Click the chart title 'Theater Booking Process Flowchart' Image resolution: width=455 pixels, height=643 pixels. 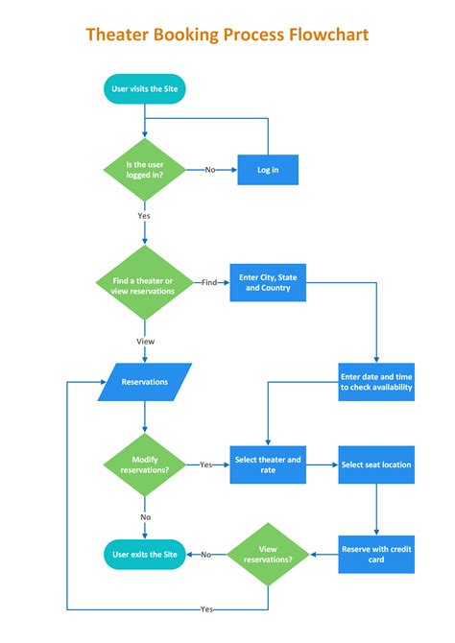point(227,36)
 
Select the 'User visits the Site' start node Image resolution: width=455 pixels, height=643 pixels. point(144,89)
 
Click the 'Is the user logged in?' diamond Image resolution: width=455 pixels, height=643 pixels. point(144,169)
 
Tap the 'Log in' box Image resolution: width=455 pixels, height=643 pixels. point(268,169)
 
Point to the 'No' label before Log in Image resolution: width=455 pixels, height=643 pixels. point(209,169)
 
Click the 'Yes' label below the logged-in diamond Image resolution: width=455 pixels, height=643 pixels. point(144,216)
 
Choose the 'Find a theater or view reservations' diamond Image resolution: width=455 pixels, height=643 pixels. point(144,283)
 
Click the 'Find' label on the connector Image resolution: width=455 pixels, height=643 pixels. point(209,283)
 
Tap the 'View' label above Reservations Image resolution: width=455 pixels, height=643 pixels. point(144,341)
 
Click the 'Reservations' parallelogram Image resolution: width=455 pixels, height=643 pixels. point(145,382)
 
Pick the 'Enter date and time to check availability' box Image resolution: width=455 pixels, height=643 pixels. point(376,382)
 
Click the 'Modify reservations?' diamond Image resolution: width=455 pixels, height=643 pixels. point(144,464)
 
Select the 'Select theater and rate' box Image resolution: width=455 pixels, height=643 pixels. point(268,464)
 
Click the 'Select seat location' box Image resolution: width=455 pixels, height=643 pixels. point(376,464)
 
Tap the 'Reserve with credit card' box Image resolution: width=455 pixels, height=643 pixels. point(376,554)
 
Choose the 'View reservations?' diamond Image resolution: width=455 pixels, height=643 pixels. point(268,554)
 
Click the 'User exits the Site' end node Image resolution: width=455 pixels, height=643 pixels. point(144,554)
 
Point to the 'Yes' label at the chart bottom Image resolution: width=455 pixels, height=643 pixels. point(206,609)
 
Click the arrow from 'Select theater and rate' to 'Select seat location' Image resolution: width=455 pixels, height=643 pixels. point(322,464)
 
